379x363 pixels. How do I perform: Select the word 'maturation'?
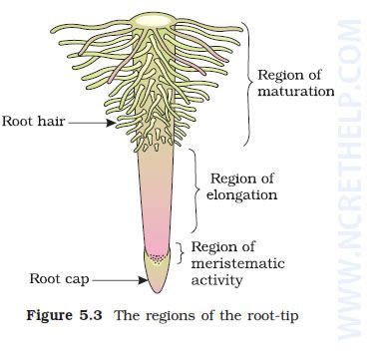click(x=296, y=93)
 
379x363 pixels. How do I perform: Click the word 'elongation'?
click(x=243, y=195)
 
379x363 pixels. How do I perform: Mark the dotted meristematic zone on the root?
click(x=156, y=253)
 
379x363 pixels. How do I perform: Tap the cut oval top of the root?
click(x=154, y=19)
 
